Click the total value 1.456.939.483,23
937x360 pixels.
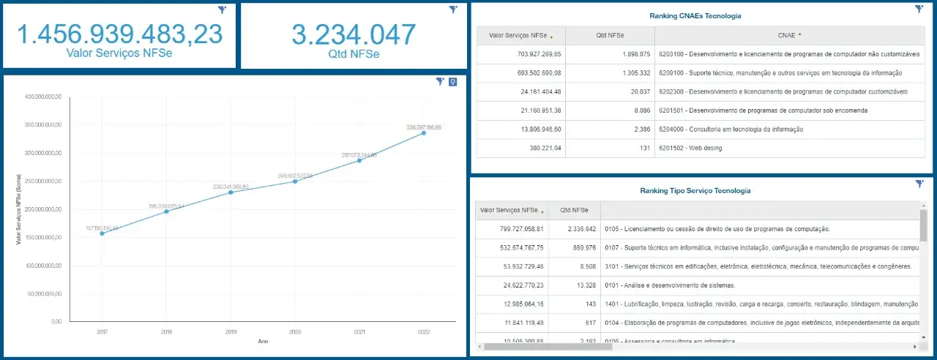119,34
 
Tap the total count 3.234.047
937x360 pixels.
354,34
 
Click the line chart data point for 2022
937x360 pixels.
424,132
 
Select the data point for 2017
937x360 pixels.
102,233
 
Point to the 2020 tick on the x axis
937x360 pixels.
295,331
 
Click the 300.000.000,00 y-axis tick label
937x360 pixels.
44,153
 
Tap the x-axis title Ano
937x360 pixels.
263,341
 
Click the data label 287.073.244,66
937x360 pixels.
359,155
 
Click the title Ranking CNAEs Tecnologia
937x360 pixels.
695,15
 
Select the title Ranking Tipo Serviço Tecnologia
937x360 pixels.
695,190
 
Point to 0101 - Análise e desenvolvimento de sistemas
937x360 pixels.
670,285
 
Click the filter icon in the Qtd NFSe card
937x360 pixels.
453,10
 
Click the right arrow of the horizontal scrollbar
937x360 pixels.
914,346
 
